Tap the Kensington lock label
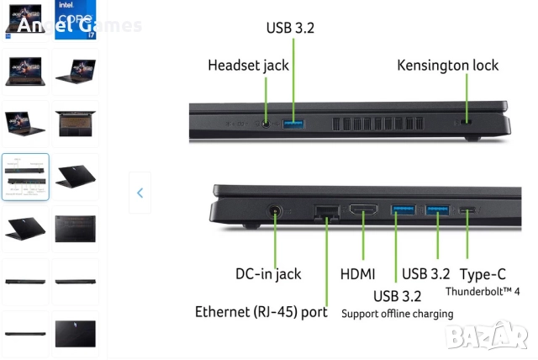click(447, 65)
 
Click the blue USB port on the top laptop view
click(293, 124)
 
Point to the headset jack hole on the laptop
click(266, 124)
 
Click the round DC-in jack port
click(275, 214)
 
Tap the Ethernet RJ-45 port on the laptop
click(324, 213)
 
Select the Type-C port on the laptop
click(467, 210)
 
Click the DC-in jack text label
click(268, 273)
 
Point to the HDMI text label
click(357, 273)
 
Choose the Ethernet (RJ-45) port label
click(261, 312)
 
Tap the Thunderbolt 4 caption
click(483, 292)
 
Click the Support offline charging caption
click(397, 314)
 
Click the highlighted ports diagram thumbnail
click(25, 176)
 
